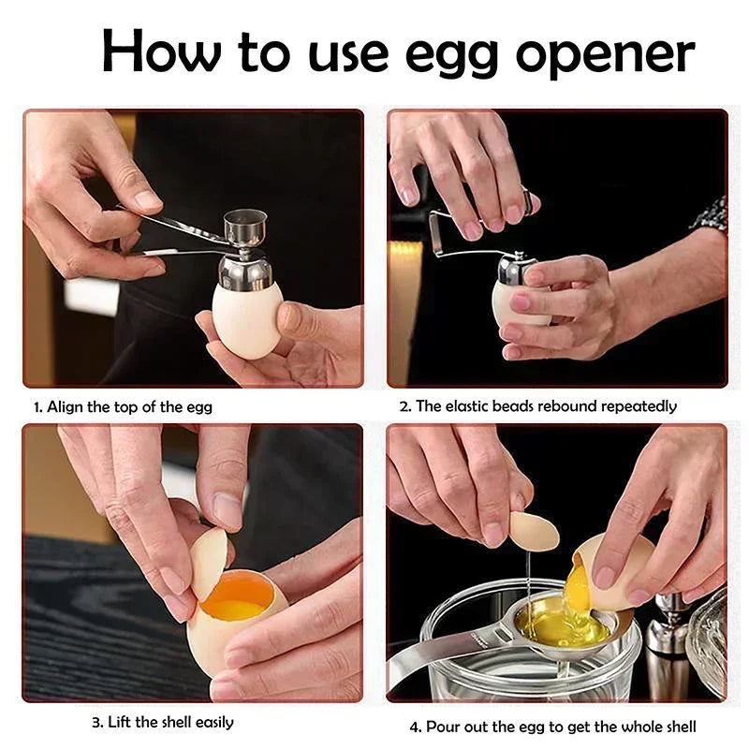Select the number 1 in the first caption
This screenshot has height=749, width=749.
(37, 407)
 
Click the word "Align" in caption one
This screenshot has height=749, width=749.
(65, 407)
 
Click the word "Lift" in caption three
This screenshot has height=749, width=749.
(119, 722)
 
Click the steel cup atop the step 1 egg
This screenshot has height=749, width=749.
(245, 228)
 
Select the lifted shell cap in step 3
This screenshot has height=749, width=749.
(208, 562)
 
